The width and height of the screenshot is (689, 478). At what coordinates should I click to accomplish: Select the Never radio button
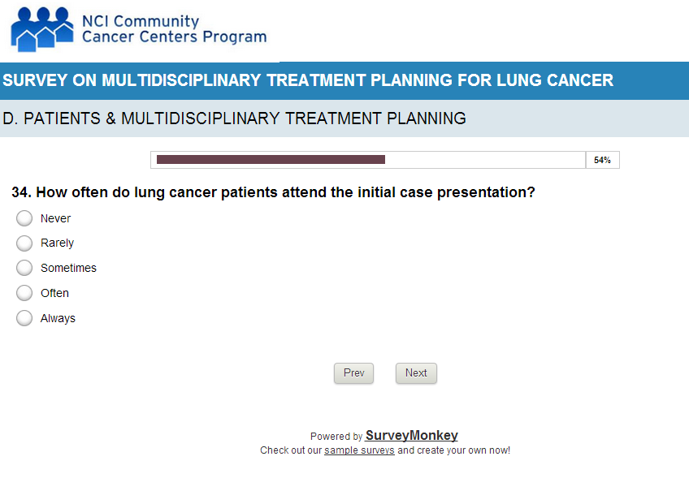24,218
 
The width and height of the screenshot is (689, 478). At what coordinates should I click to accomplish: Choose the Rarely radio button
24,243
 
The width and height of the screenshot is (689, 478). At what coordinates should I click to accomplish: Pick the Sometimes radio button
24,268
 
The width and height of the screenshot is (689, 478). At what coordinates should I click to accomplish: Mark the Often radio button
24,293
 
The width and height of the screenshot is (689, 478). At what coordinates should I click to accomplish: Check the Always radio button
24,318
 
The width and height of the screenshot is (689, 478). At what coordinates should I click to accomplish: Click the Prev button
353,373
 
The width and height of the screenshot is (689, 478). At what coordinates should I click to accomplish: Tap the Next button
416,373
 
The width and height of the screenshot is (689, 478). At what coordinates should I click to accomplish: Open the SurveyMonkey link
412,435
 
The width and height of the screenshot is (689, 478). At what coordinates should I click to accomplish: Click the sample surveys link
359,450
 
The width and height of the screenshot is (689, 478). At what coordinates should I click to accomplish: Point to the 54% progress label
602,160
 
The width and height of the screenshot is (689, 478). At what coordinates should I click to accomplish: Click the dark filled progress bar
271,159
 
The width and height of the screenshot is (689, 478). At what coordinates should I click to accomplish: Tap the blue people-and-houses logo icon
41,29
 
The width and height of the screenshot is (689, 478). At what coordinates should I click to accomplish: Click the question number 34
21,192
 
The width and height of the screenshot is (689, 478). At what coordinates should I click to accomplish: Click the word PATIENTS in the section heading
62,118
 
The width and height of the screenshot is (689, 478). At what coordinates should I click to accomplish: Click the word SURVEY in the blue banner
35,80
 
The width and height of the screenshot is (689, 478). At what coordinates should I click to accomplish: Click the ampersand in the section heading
110,118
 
